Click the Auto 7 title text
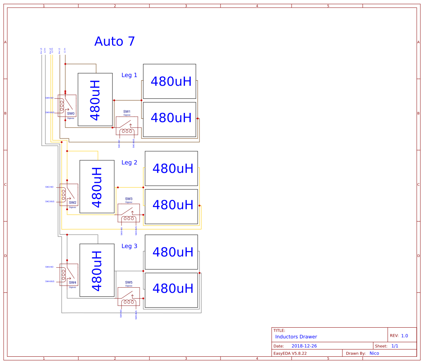[x=115, y=41]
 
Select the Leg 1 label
[x=129, y=75]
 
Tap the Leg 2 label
[x=129, y=162]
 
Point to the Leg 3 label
[x=129, y=246]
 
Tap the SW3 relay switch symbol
[x=129, y=213]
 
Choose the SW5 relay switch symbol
[x=129, y=296]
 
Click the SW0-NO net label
[x=49, y=98]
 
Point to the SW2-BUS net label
[x=50, y=201]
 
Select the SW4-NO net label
[x=49, y=267]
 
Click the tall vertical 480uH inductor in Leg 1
[x=95, y=100]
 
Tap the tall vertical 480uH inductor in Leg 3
[x=97, y=270]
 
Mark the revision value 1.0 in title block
[x=404, y=336]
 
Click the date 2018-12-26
[x=304, y=346]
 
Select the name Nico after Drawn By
[x=374, y=353]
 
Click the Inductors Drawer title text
[x=296, y=337]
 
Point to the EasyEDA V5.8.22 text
[x=290, y=353]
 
